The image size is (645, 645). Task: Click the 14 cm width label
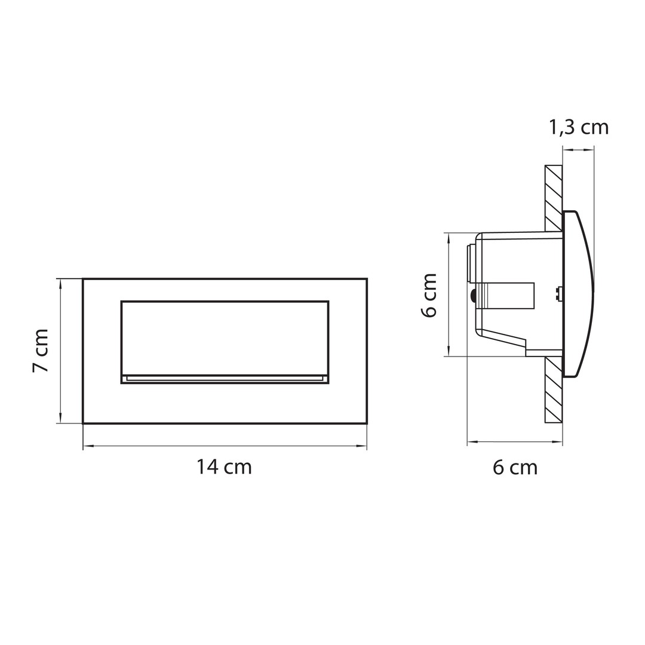[224, 467]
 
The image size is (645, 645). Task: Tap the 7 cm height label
[41, 351]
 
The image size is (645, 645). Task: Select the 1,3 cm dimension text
[579, 128]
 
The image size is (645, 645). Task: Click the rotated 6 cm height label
[429, 294]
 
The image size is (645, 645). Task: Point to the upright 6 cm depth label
[515, 468]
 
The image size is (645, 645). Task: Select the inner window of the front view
[225, 342]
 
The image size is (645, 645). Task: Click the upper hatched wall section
[554, 198]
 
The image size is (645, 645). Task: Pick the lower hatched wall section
[554, 389]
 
